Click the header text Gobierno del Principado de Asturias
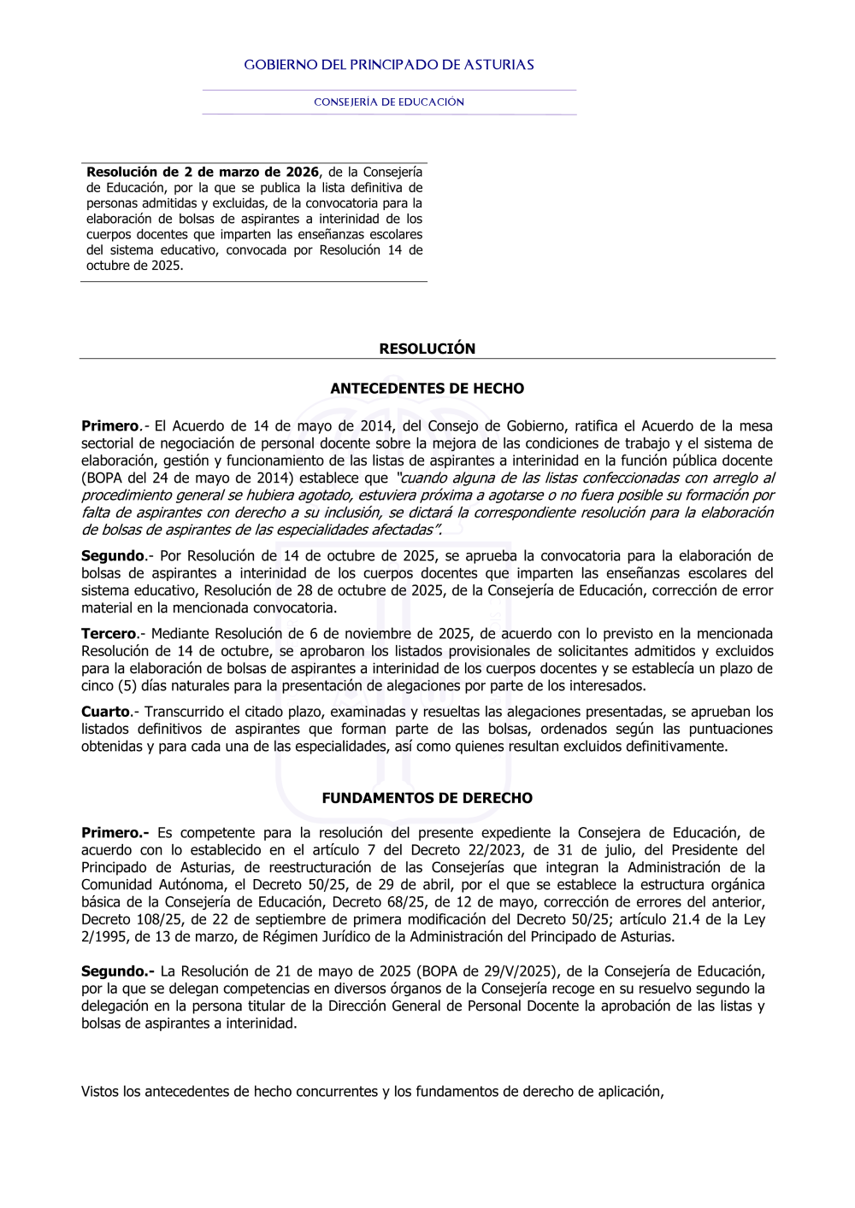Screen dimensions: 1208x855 (x=389, y=65)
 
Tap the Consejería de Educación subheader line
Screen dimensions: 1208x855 (x=389, y=102)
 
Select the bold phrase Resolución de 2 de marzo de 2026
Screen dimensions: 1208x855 (x=203, y=172)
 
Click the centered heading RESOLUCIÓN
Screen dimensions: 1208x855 (x=427, y=349)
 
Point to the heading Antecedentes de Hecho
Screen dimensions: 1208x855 (x=427, y=388)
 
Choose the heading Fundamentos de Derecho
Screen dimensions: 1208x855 (x=427, y=798)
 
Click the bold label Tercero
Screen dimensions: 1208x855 (x=109, y=634)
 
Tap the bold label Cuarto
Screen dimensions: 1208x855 (x=105, y=712)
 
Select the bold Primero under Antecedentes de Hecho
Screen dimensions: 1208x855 (x=110, y=425)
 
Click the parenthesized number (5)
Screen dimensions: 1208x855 (x=128, y=686)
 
